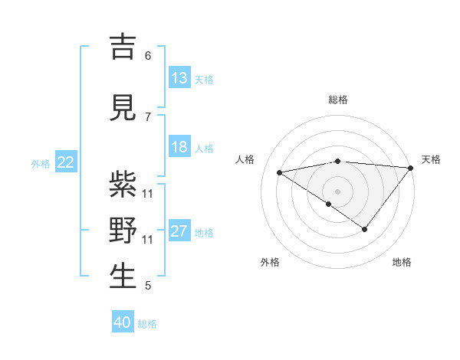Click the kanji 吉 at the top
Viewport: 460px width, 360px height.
click(x=123, y=47)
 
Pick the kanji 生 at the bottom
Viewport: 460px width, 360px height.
click(x=123, y=277)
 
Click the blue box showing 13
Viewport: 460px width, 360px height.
click(x=179, y=78)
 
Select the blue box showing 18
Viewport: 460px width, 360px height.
click(x=179, y=147)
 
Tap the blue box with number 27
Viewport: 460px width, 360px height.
click(x=179, y=231)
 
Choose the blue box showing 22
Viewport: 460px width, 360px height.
click(x=66, y=162)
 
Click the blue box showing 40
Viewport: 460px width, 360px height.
click(x=123, y=322)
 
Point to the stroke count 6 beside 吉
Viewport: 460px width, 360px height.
click(x=148, y=56)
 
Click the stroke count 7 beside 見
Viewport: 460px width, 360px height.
click(x=148, y=116)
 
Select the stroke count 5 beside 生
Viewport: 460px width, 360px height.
click(x=148, y=286)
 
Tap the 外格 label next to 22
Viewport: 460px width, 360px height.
click(x=41, y=163)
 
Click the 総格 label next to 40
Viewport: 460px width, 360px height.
click(x=147, y=324)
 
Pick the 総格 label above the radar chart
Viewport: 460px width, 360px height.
click(x=337, y=100)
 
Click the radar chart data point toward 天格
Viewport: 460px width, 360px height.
click(x=411, y=168)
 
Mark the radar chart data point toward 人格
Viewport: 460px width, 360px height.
click(x=279, y=172)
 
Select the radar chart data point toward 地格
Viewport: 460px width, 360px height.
click(x=365, y=229)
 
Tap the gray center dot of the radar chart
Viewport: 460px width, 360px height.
click(x=337, y=191)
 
